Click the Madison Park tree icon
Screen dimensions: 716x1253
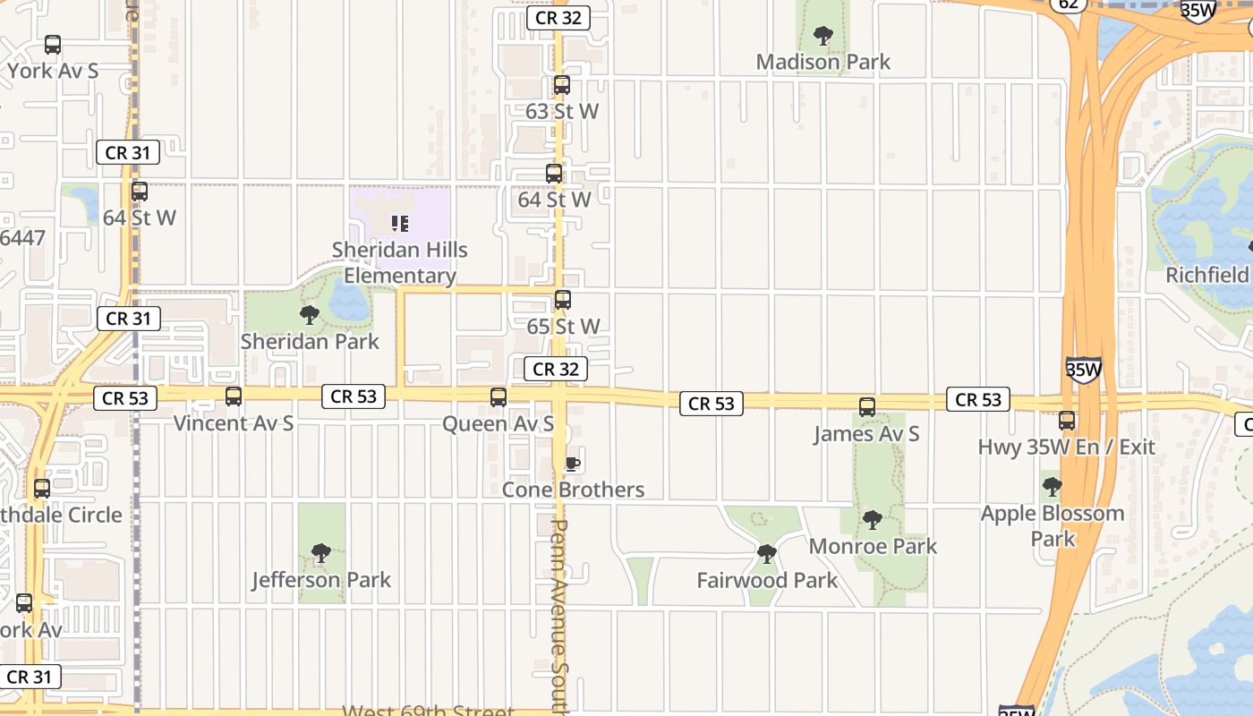[823, 37]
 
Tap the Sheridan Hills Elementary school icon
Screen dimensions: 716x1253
[399, 224]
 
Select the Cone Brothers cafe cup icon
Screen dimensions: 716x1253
[573, 464]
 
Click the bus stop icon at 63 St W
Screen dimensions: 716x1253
[562, 86]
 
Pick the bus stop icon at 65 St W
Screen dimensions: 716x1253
[563, 301]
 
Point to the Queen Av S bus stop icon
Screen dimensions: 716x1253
[499, 397]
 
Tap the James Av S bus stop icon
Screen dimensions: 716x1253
[866, 407]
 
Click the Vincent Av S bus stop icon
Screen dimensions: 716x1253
[234, 396]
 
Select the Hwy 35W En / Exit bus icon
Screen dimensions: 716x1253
[1066, 421]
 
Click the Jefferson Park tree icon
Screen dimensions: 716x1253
[320, 554]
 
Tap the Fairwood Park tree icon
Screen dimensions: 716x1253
[766, 554]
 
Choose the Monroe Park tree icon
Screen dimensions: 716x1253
[873, 520]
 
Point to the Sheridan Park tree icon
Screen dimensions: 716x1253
[310, 315]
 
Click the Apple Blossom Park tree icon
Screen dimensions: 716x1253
[1053, 488]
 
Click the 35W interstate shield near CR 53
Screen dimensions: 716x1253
[1083, 370]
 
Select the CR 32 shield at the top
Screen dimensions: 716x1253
[558, 18]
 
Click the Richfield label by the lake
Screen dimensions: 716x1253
[1206, 275]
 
